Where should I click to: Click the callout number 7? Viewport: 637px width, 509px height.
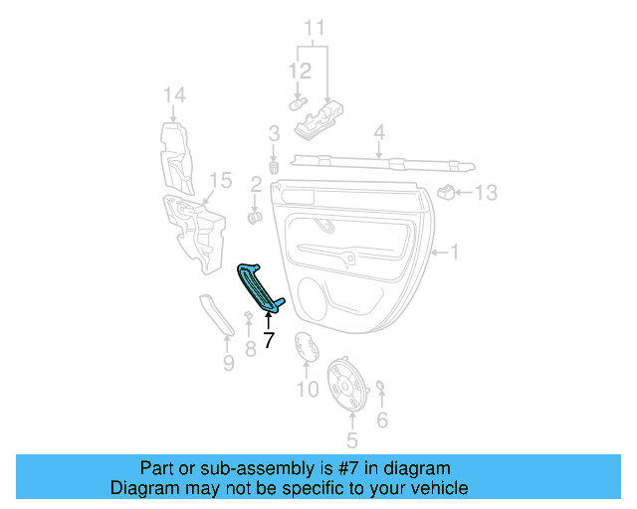click(x=268, y=339)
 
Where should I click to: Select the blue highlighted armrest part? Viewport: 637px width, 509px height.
click(x=261, y=288)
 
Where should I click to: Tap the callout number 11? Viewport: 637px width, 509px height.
click(x=314, y=28)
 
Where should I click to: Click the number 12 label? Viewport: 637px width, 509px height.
click(x=300, y=72)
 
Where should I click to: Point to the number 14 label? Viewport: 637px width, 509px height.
click(x=174, y=95)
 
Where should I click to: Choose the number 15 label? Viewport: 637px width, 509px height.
click(x=221, y=181)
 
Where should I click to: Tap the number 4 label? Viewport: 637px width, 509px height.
click(x=379, y=132)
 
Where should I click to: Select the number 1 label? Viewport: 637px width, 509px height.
click(x=454, y=254)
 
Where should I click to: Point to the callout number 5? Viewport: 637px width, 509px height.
click(x=350, y=438)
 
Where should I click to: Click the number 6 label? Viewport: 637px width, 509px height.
click(x=381, y=421)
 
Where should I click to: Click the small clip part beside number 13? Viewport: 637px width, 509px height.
click(x=449, y=191)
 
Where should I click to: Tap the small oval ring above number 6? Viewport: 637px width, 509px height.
click(x=381, y=387)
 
